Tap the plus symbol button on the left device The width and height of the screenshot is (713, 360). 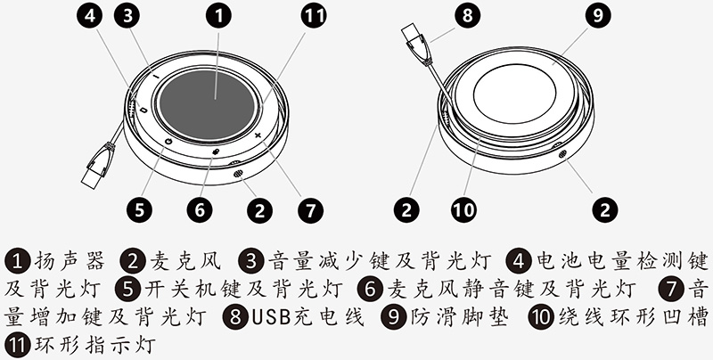click(x=258, y=135)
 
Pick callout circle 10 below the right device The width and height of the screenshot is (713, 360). click(x=463, y=210)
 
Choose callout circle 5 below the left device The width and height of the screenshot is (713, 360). click(x=138, y=210)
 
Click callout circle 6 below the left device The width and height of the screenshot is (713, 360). click(x=200, y=210)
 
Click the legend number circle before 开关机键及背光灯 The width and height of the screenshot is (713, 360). click(x=130, y=288)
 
